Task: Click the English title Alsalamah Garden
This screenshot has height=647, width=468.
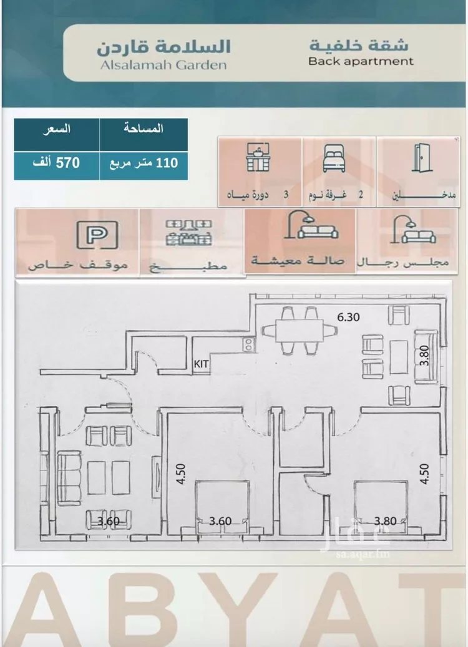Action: [163, 65]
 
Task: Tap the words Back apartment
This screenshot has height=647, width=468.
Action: [361, 62]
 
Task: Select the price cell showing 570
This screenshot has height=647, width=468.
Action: [56, 163]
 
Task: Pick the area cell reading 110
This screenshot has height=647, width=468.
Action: [143, 163]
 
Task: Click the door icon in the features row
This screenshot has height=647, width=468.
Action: [421, 157]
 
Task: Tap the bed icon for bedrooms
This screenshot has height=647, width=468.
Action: [333, 158]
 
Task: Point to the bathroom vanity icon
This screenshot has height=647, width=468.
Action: [258, 157]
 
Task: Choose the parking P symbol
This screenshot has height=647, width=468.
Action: [97, 235]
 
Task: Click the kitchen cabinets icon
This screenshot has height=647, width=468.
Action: [189, 233]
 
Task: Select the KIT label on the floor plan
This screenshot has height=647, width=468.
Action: [201, 364]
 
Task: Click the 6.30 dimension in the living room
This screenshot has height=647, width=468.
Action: [348, 318]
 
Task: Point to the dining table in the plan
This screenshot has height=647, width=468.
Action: [299, 330]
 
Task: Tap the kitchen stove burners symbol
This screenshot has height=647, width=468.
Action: [248, 344]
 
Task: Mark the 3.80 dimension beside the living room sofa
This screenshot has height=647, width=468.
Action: [424, 356]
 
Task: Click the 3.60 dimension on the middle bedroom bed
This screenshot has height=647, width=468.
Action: [220, 521]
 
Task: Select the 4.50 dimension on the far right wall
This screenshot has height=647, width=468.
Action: [424, 474]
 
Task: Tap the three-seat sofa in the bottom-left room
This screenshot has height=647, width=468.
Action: [69, 478]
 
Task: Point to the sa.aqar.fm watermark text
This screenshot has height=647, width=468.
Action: [363, 555]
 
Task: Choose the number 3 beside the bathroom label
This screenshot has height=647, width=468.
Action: [286, 194]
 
